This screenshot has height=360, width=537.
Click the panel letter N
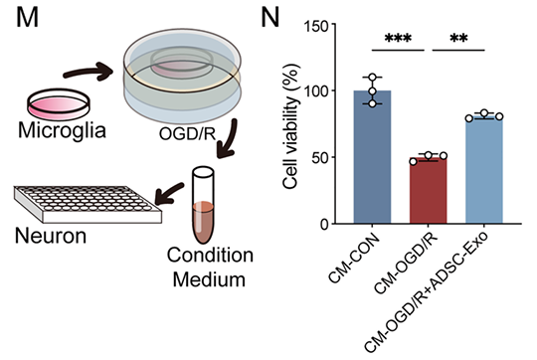click(x=271, y=19)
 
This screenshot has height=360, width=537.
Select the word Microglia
click(x=50, y=131)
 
